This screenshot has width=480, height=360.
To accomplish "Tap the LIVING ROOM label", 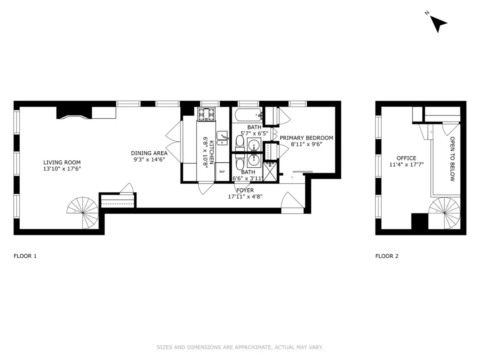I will [62, 162].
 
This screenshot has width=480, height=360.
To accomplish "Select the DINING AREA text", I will [149, 153].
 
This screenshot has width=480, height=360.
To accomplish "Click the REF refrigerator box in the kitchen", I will [222, 172].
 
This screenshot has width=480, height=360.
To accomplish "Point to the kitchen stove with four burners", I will [206, 115].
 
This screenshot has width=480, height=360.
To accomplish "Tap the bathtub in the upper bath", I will [248, 116].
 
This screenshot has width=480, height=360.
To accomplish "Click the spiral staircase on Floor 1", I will [83, 212].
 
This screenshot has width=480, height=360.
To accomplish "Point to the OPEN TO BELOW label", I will [452, 159].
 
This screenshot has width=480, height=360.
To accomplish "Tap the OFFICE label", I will [406, 158].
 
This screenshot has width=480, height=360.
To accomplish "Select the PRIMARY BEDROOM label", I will [306, 138].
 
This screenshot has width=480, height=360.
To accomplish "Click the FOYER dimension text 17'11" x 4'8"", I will [245, 196].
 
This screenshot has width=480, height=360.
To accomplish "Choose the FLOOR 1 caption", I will [25, 256].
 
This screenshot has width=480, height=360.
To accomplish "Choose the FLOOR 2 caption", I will [386, 256].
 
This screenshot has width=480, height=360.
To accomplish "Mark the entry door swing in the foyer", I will [293, 200].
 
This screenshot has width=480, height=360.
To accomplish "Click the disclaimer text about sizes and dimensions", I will [240, 348].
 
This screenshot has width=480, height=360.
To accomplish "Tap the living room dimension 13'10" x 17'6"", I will [62, 169].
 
